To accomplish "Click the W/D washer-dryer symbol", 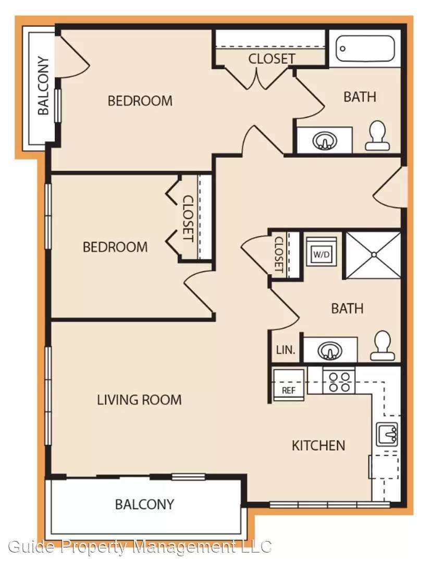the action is (321, 251).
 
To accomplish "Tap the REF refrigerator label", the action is (289, 390).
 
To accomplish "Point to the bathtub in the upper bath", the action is (365, 48).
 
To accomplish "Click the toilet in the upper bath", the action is (377, 136).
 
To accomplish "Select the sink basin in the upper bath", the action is (325, 140).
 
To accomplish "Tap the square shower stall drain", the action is (374, 254).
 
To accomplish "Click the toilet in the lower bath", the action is (383, 346).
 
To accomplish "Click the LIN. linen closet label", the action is (286, 350).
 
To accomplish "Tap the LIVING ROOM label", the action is (139, 400).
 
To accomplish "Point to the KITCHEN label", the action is (318, 446).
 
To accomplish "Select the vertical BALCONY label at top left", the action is (43, 85).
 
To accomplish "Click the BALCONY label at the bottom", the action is (144, 504).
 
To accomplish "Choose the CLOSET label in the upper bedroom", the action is (272, 58).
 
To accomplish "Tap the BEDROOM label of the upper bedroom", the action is (140, 101).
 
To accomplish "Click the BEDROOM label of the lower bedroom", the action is (115, 247).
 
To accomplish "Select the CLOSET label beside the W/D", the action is (279, 253).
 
